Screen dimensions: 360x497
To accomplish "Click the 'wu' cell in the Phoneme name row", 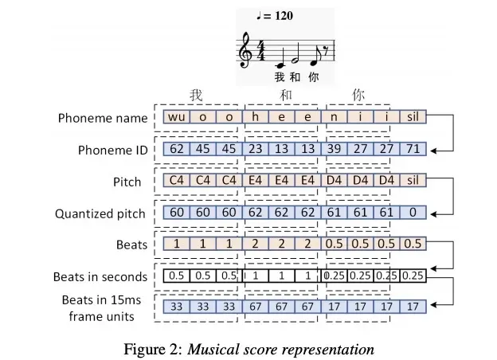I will [x=178, y=118].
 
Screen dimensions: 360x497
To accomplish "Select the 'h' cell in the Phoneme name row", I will [x=257, y=118].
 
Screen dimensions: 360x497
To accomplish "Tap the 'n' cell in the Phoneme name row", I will [x=335, y=118].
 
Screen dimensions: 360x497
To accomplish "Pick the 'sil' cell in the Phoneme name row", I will [x=413, y=118].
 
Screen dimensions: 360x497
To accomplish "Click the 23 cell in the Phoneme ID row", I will [x=256, y=149].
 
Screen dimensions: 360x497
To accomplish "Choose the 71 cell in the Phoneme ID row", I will [x=413, y=149].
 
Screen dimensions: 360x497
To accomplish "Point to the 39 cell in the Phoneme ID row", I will [x=335, y=149].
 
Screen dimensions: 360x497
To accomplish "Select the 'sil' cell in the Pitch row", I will [x=413, y=181].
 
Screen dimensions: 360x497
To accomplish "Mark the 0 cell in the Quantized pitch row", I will [x=413, y=213].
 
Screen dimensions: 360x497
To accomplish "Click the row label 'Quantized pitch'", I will [x=100, y=213].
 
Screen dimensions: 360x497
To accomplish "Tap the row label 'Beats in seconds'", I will [x=100, y=277].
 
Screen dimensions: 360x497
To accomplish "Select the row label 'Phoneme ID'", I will [x=110, y=150].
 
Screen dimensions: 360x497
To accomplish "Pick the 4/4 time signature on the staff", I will [x=260, y=52].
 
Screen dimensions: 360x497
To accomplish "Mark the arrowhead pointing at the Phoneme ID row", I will [x=434, y=149].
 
